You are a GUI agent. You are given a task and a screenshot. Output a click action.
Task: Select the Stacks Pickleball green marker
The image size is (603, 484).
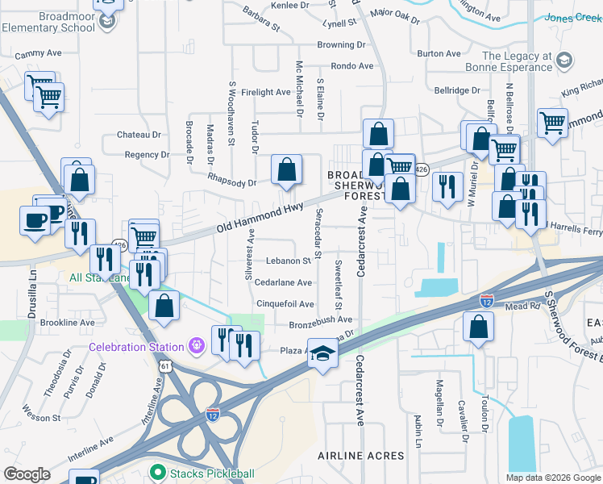click(158, 473)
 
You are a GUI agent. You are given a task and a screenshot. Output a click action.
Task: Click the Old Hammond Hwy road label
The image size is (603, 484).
click(254, 219)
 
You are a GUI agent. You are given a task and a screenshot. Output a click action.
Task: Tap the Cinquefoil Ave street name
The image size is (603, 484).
click(285, 304)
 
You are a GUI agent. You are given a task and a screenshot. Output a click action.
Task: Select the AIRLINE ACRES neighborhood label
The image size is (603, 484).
click(360, 456)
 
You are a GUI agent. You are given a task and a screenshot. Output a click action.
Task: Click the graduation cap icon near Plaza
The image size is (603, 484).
click(322, 355)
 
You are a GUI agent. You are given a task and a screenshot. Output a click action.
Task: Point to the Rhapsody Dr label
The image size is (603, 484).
click(231, 182)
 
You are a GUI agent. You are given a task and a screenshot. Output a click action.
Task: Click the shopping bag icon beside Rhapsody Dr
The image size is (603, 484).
click(286, 170)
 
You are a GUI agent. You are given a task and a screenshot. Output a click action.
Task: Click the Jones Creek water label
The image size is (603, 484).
click(572, 17)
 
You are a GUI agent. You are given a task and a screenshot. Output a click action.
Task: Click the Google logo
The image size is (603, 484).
click(27, 474)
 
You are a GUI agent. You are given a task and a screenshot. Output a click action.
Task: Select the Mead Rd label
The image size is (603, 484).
click(522, 307)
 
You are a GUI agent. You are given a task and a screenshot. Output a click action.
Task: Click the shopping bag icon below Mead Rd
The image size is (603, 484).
click(479, 327)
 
